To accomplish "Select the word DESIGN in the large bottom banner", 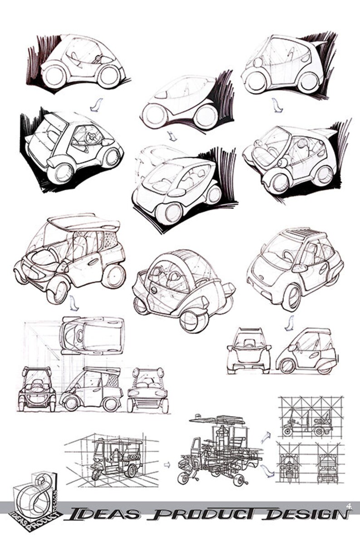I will [x=306, y=514].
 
